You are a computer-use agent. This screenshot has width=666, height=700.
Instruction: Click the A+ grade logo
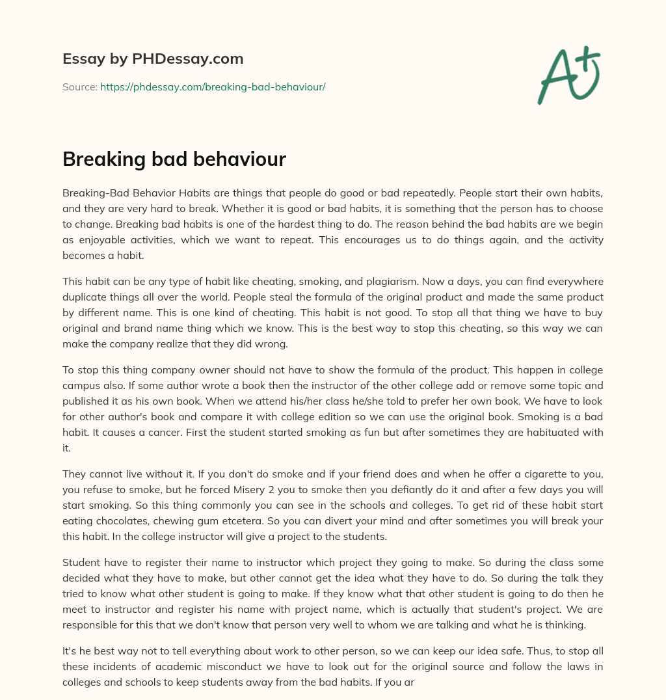(x=568, y=75)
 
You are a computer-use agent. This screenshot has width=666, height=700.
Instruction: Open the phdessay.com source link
(x=213, y=87)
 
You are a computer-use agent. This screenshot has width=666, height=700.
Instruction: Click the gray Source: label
(x=79, y=87)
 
